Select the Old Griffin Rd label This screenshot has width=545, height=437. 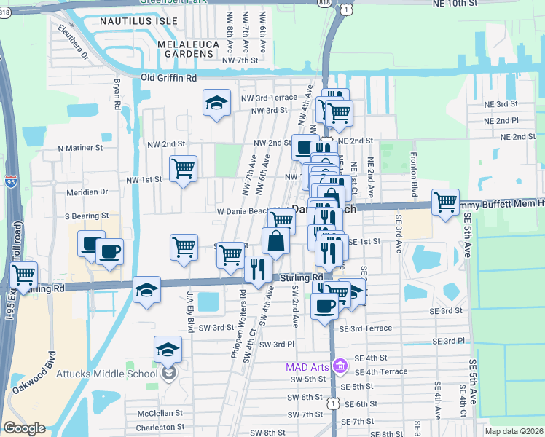(169, 77)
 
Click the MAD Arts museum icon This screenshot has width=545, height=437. (339, 366)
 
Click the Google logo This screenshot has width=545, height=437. (24, 428)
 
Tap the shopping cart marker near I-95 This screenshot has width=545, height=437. (25, 275)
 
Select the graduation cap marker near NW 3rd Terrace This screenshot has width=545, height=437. (216, 103)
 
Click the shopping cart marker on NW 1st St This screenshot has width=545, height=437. (184, 169)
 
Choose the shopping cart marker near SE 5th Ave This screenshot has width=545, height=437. (445, 202)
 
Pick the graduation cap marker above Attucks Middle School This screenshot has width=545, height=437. (168, 349)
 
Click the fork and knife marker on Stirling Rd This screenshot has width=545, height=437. (258, 268)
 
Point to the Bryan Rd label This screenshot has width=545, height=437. (117, 94)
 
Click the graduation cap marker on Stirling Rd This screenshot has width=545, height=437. (146, 290)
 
